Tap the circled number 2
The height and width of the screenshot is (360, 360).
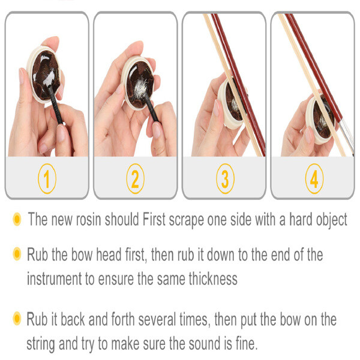[x=136, y=178]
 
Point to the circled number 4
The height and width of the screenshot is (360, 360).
[x=313, y=178]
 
